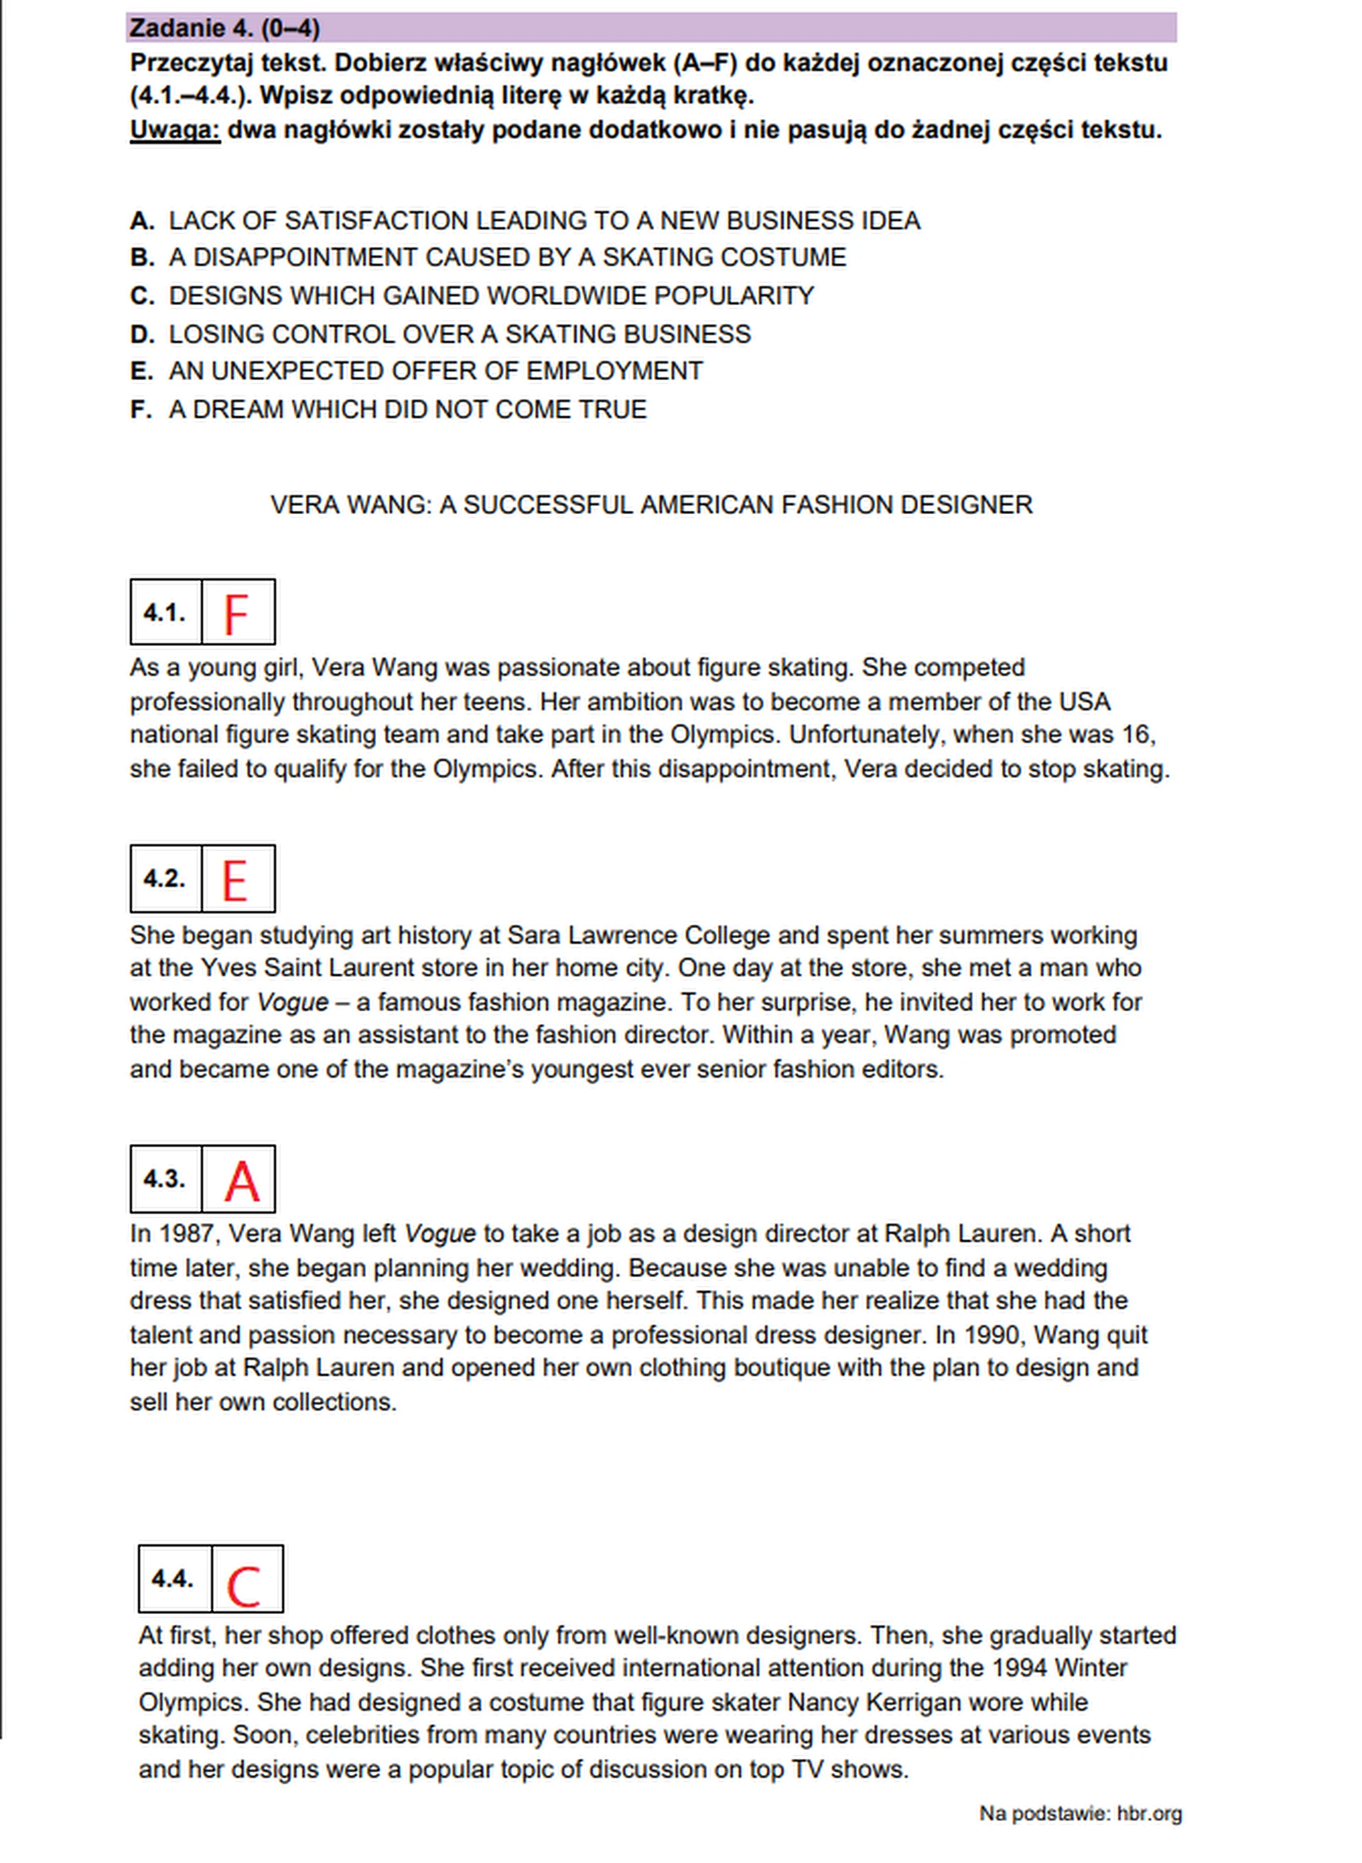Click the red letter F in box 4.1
(236, 614)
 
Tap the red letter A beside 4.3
(242, 1181)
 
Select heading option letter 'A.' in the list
(142, 221)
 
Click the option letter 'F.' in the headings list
(141, 410)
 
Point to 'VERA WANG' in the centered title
(350, 504)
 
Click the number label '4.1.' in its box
(164, 613)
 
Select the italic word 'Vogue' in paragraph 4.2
(293, 1002)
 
